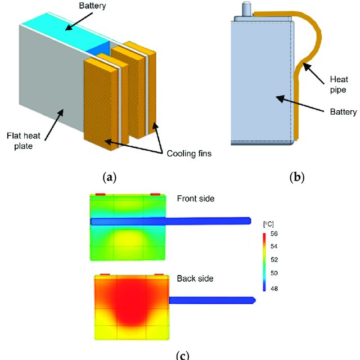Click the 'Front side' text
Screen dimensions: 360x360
(195, 199)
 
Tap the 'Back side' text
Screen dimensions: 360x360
(194, 278)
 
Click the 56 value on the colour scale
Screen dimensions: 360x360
(282, 233)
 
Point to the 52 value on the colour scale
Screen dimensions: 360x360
(282, 260)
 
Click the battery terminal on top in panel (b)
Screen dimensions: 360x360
(246, 10)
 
